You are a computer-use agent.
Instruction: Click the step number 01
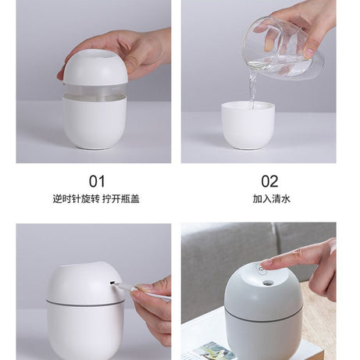pyautogui.click(x=97, y=181)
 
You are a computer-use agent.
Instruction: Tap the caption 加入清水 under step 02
pyautogui.click(x=270, y=199)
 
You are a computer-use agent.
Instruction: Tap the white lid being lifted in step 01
pyautogui.click(x=95, y=68)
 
